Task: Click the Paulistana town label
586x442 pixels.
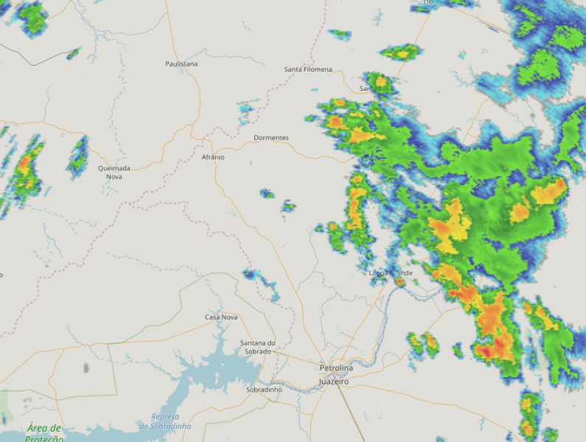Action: [x=181, y=64]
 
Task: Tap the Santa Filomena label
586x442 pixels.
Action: [x=308, y=69]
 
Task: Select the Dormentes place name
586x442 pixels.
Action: [x=271, y=138]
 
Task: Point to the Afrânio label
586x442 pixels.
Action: [x=213, y=157]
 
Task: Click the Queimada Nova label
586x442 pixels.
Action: [x=114, y=173]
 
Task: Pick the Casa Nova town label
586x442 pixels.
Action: [x=221, y=317]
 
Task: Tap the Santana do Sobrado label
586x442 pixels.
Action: [x=258, y=347]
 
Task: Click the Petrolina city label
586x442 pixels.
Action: [x=336, y=367]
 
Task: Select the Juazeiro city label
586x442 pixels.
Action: [x=334, y=382]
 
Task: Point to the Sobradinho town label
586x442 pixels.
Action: [x=264, y=389]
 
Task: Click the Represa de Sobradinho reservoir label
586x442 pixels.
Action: [x=165, y=421]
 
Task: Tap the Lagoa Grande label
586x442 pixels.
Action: [x=391, y=273]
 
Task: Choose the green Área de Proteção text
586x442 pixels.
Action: [x=44, y=433]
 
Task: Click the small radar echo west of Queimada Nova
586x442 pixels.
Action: [x=77, y=157]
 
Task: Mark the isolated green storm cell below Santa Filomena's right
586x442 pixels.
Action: [x=400, y=52]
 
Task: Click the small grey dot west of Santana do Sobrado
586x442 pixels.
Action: [x=86, y=367]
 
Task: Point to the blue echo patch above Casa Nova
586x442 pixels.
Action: [x=262, y=280]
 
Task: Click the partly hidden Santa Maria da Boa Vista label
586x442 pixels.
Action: [x=498, y=225]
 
